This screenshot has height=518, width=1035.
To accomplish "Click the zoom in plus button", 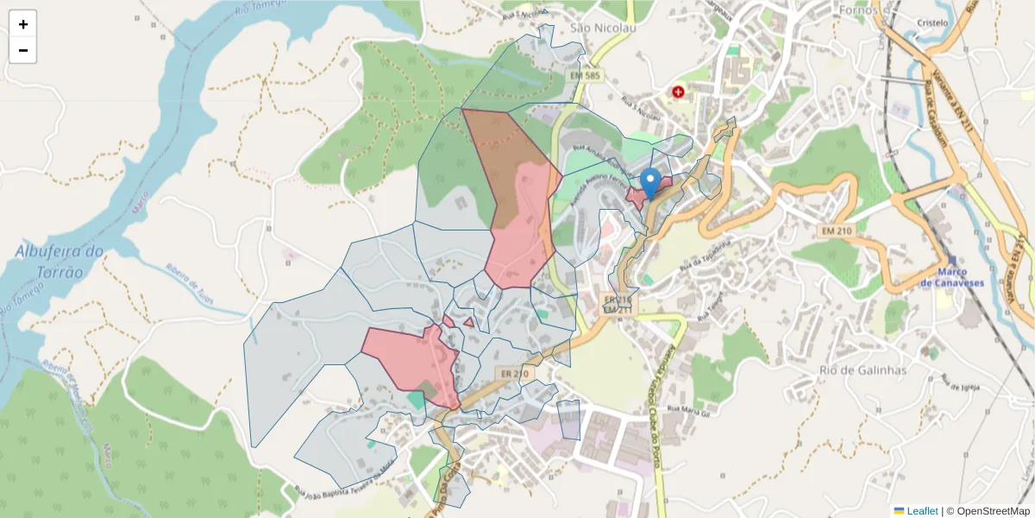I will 23,24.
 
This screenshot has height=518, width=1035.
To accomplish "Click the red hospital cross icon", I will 678,91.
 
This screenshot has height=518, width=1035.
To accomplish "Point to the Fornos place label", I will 857,10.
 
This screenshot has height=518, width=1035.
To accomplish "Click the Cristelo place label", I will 933,23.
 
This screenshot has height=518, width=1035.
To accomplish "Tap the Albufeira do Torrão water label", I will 60,261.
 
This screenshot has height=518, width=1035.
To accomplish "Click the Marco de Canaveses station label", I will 951,278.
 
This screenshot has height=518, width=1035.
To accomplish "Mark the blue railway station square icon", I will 951,260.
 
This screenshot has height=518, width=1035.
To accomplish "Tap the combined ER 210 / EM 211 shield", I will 618,303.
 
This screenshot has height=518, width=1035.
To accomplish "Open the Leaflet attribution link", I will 922,511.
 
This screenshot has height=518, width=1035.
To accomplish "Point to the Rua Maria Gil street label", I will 688,411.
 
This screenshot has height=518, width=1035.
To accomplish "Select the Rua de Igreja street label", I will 960,383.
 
